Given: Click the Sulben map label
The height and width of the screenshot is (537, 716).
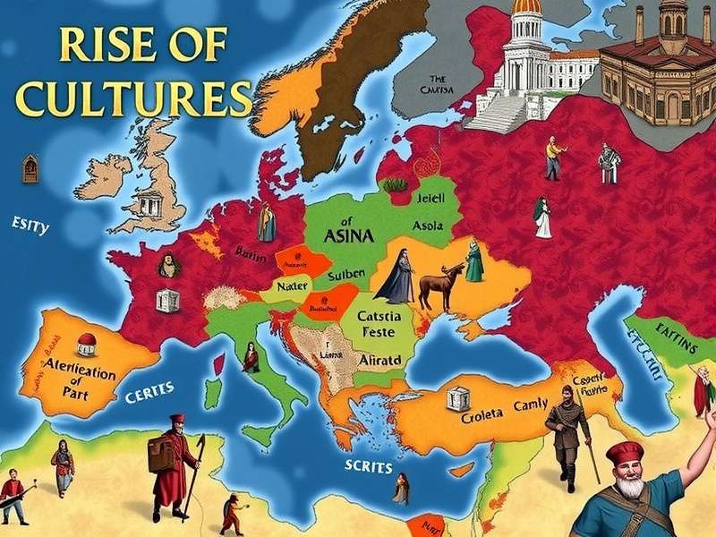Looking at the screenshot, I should coord(344,274).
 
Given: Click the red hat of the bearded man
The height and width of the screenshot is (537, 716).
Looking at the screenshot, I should coord(625,452).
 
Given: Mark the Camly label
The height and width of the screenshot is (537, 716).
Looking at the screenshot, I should coord(530,405).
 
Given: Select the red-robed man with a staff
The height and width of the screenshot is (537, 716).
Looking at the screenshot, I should coord(175,465).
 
